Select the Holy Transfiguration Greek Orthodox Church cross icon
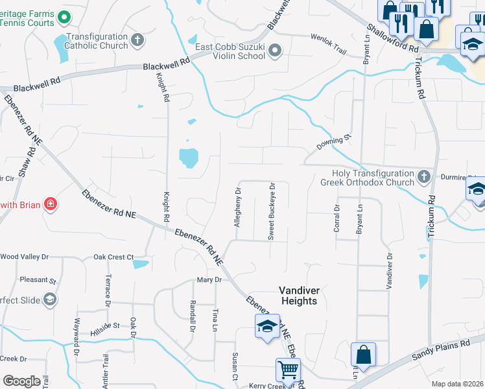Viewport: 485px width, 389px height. click(423, 176)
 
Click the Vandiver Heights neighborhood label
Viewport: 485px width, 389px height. click(298, 296)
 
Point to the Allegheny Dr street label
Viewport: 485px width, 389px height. click(238, 207)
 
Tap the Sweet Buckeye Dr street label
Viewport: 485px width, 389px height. click(272, 211)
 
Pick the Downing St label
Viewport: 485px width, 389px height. click(333, 139)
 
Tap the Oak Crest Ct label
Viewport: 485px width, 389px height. click(113, 257)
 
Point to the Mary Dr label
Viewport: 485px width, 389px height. click(209, 280)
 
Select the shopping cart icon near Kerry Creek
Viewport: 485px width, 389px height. click(288, 370)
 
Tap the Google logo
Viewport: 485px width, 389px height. click(21, 381)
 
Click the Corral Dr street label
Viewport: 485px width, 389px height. click(337, 218)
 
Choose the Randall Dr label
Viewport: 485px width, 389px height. click(193, 318)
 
